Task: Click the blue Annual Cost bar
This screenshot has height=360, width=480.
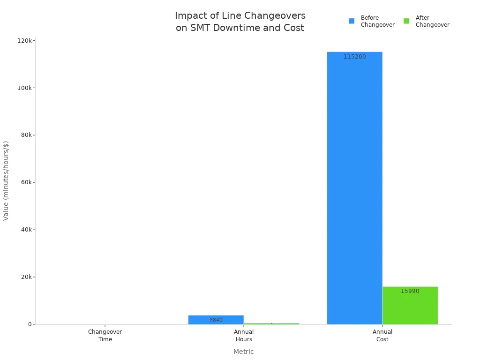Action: pyautogui.click(x=354, y=187)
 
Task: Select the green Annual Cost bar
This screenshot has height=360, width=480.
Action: pyautogui.click(x=410, y=307)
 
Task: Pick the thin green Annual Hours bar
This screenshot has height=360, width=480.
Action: pyautogui.click(x=271, y=323)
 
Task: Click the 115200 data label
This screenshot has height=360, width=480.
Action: pyautogui.click(x=354, y=57)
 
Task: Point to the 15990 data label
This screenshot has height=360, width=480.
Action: pyautogui.click(x=410, y=291)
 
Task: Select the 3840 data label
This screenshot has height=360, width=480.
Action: pyautogui.click(x=216, y=320)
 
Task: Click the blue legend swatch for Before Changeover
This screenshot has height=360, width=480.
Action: pyautogui.click(x=352, y=21)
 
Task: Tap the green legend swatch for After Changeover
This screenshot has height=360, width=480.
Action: pyautogui.click(x=406, y=21)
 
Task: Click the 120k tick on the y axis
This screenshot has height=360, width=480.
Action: pyautogui.click(x=24, y=41)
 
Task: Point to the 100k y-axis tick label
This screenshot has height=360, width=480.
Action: pyautogui.click(x=24, y=88)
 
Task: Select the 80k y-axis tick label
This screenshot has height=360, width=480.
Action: pyautogui.click(x=26, y=135)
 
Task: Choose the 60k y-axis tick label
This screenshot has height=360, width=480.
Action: pyautogui.click(x=26, y=182)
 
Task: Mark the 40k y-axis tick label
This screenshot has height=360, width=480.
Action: pyautogui.click(x=26, y=230)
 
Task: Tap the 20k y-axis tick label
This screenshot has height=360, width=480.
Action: pyautogui.click(x=26, y=277)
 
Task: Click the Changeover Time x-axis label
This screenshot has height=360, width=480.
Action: pyautogui.click(x=105, y=336)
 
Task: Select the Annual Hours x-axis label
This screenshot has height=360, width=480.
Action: pyautogui.click(x=244, y=336)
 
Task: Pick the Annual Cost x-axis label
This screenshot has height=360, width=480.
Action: pyautogui.click(x=382, y=336)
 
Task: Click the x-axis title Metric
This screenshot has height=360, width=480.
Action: pyautogui.click(x=243, y=352)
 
